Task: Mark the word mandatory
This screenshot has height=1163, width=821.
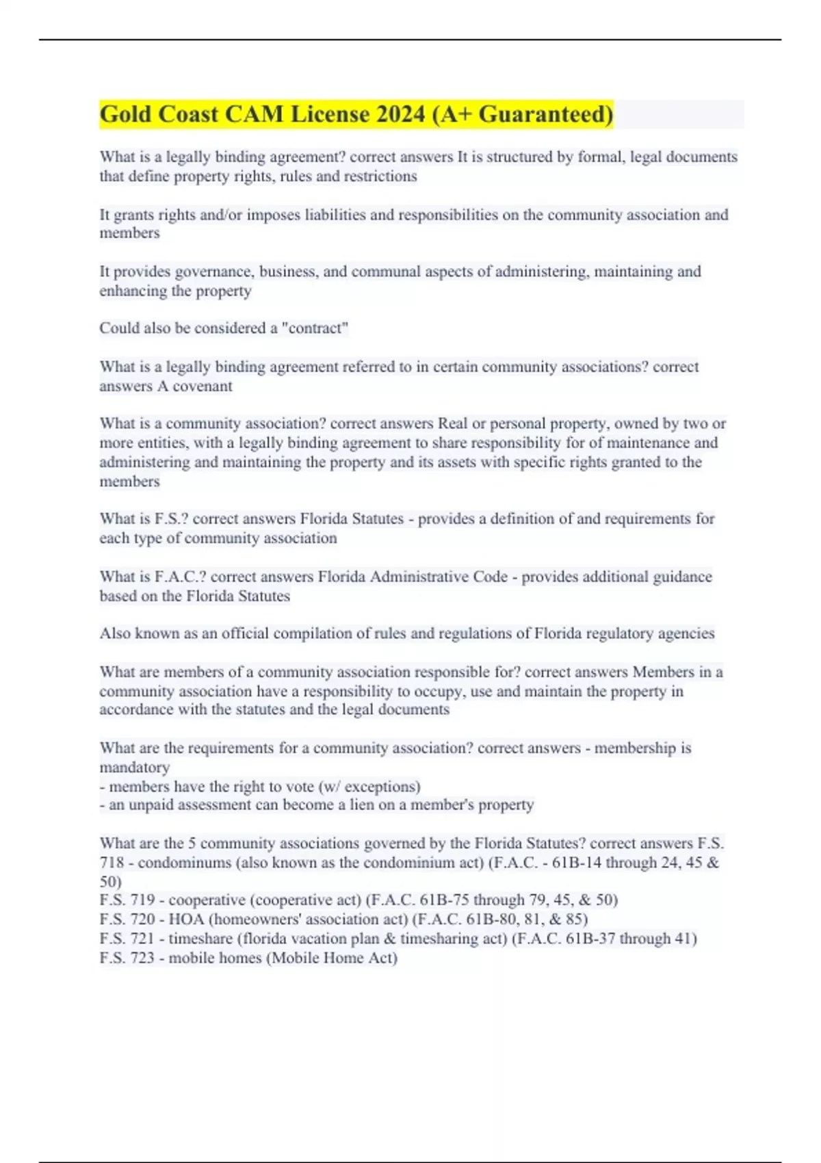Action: pos(135,768)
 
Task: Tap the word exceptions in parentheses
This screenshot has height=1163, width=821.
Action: pos(380,787)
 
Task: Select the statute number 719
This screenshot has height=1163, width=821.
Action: pos(142,900)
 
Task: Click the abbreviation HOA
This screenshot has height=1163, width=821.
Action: pos(186,919)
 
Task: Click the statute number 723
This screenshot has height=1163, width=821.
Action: pos(142,958)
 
